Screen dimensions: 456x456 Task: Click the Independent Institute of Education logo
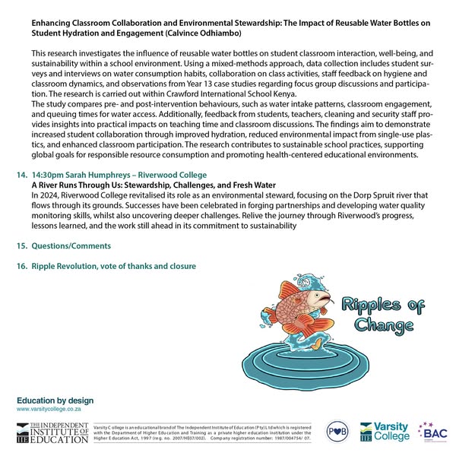[x=49, y=432]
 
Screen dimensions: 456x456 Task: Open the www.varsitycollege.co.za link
[x=49, y=409]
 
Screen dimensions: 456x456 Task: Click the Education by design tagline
[x=55, y=401]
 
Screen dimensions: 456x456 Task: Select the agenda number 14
[x=21, y=175]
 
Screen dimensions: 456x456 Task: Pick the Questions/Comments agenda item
[x=71, y=245]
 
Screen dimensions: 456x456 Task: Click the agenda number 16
[x=21, y=266]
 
